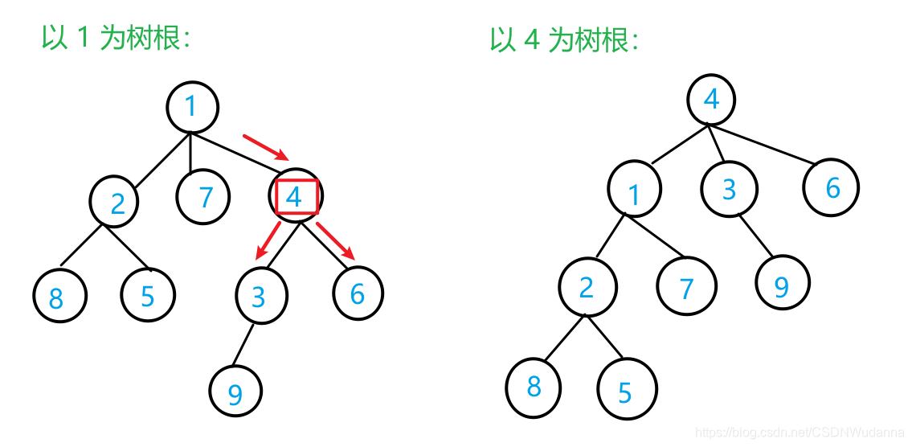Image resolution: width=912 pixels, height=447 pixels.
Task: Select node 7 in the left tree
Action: click(203, 196)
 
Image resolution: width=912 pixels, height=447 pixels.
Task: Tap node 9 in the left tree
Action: click(235, 393)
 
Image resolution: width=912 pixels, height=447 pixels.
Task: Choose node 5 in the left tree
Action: click(147, 295)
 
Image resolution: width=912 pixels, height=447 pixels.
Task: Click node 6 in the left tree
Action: click(358, 293)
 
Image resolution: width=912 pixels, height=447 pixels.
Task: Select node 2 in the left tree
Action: click(114, 203)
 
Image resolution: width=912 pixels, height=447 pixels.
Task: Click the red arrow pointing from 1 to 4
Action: click(264, 147)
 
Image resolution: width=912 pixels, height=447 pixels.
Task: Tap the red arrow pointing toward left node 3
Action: click(267, 241)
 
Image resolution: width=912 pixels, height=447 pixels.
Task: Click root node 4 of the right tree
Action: click(711, 100)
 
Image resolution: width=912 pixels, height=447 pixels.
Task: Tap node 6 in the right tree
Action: click(831, 187)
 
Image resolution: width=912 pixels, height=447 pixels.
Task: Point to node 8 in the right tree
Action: click(534, 387)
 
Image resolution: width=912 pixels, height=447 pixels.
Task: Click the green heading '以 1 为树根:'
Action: click(116, 39)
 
